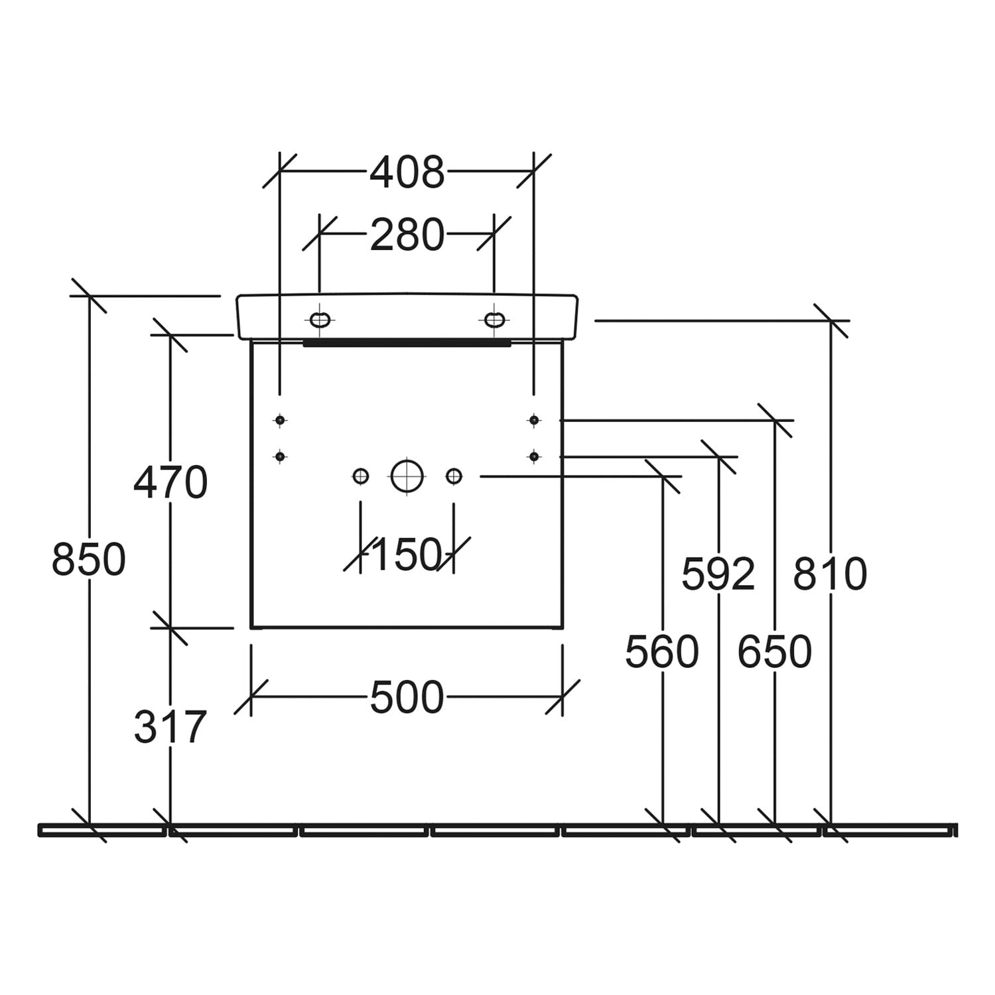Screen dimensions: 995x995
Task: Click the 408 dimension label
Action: pyautogui.click(x=407, y=172)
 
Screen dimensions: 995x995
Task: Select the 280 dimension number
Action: pyautogui.click(x=407, y=235)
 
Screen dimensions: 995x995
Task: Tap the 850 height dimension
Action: pyautogui.click(x=89, y=559)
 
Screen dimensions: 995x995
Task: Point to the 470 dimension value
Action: pyautogui.click(x=170, y=482)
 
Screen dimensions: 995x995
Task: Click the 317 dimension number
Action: pyautogui.click(x=170, y=727)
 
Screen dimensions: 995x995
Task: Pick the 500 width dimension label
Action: pyautogui.click(x=407, y=698)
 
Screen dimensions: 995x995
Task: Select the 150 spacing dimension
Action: pyautogui.click(x=407, y=555)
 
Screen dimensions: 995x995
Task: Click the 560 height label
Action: pyautogui.click(x=662, y=651)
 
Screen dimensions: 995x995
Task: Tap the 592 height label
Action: pyautogui.click(x=718, y=574)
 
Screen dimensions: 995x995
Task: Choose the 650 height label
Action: pyautogui.click(x=775, y=651)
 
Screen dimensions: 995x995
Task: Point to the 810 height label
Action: pyautogui.click(x=830, y=574)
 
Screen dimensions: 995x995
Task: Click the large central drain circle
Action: pyautogui.click(x=407, y=476)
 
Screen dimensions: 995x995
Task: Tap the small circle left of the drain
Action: pyautogui.click(x=360, y=476)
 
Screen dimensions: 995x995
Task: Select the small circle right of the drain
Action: pyautogui.click(x=454, y=476)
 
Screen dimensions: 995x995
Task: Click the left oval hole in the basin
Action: pyautogui.click(x=320, y=320)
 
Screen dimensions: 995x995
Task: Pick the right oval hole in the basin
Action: pyautogui.click(x=494, y=320)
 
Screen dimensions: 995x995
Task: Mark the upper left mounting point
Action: pyautogui.click(x=280, y=420)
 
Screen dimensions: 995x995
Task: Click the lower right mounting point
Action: pyautogui.click(x=534, y=456)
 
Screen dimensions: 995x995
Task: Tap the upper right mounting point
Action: pyautogui.click(x=534, y=420)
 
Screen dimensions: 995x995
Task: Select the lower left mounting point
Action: pyautogui.click(x=280, y=456)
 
